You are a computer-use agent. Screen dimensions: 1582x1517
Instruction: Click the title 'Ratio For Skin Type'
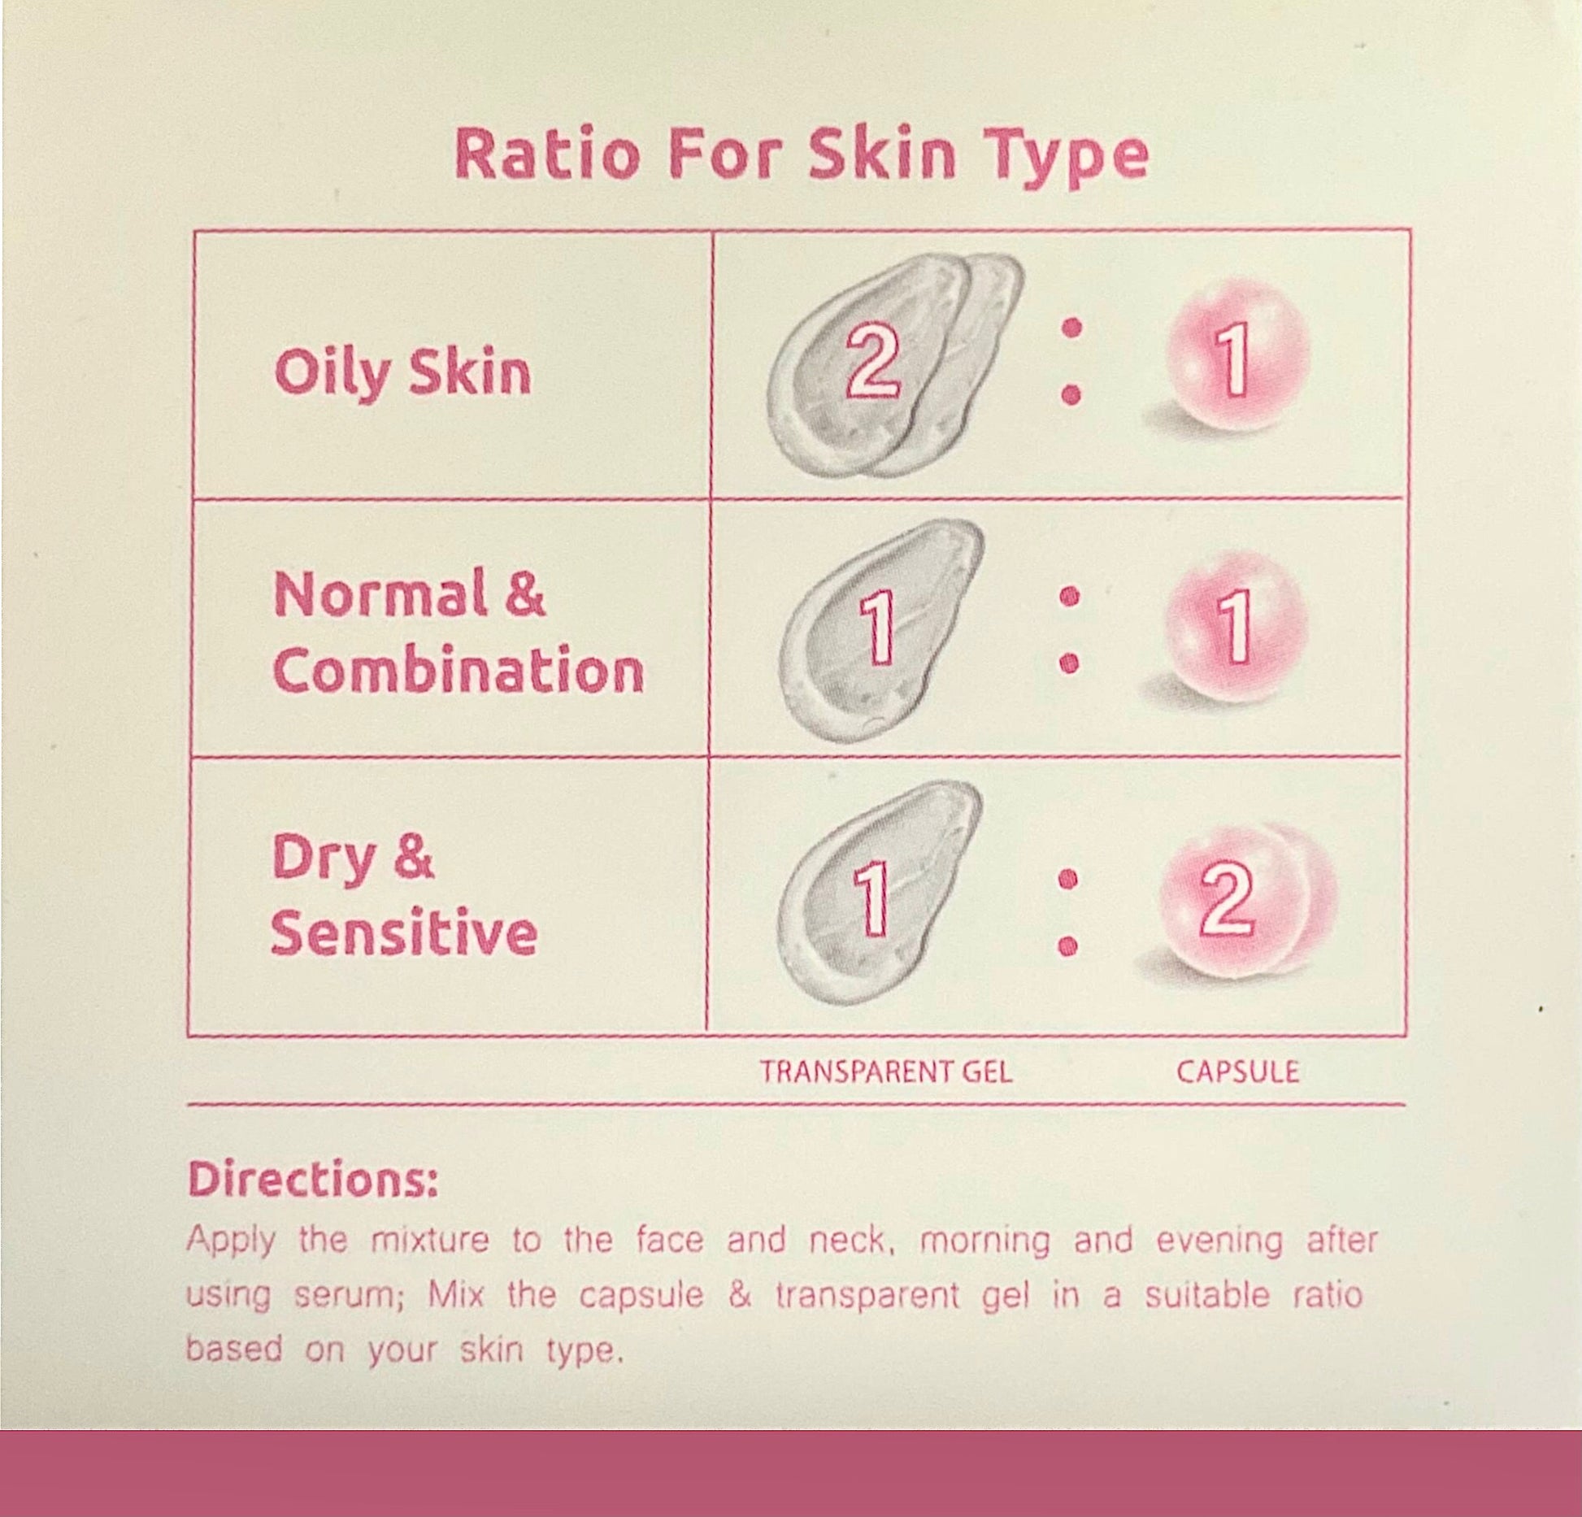[801, 156]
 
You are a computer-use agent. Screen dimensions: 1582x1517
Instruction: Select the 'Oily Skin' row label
[402, 373]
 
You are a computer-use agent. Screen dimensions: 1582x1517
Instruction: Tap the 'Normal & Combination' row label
[458, 632]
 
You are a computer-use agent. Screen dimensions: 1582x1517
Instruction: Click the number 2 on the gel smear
[871, 362]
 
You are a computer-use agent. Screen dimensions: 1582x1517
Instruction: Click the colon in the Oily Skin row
[1072, 361]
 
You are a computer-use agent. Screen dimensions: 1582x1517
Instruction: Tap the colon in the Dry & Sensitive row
[1070, 911]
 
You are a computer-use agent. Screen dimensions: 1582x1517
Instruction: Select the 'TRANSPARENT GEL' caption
[886, 1071]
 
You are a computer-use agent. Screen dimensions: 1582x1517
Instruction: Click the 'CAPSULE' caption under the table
[1237, 1071]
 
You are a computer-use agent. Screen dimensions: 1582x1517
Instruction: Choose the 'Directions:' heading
[313, 1179]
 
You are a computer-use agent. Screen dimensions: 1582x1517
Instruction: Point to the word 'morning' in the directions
[984, 1241]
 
